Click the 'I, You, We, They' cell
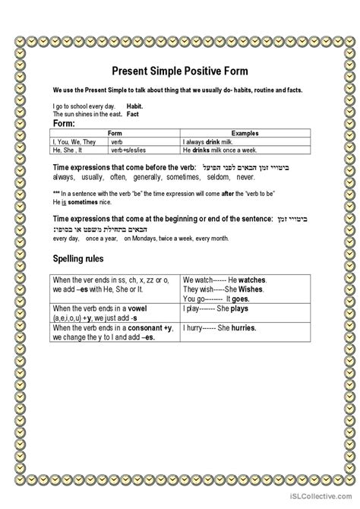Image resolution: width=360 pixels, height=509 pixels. coord(74,141)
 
